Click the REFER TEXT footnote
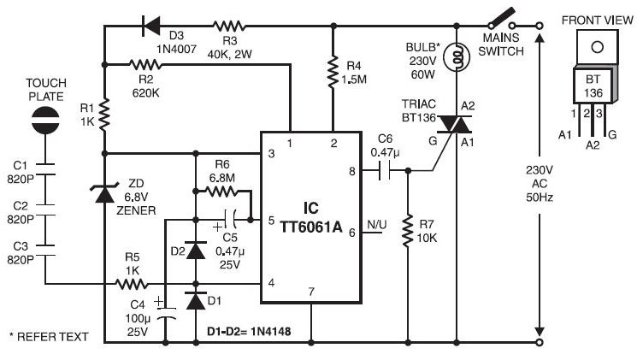[x=49, y=336]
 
